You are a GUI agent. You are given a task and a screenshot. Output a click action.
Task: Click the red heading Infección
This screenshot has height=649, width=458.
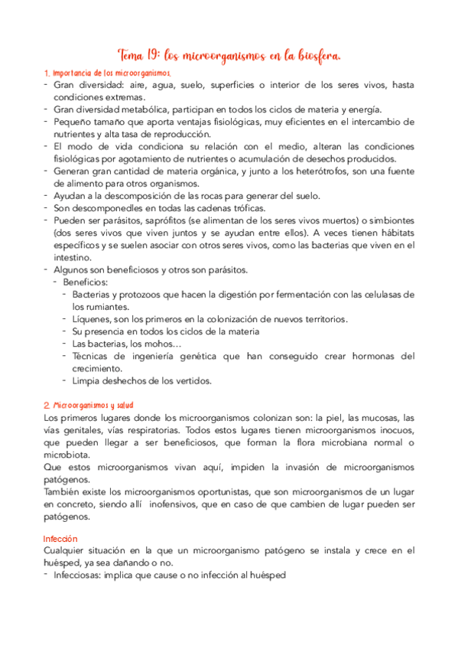click(x=61, y=538)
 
